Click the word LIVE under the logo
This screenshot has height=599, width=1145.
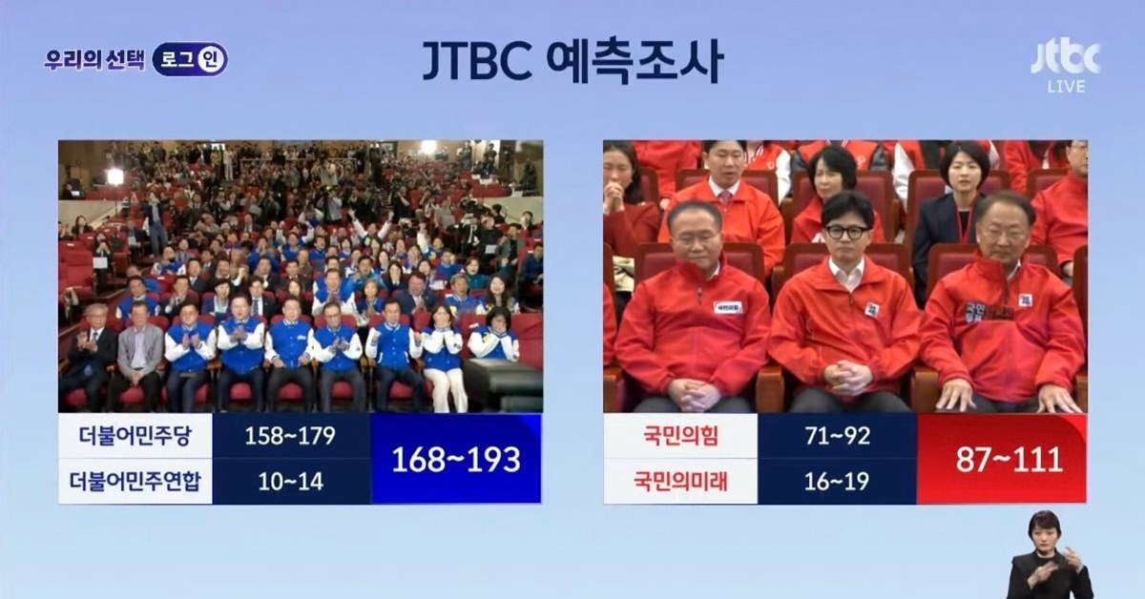1066,87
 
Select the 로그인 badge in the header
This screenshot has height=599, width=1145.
190,59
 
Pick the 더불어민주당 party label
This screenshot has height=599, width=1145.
135,436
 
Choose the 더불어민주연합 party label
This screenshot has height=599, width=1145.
135,482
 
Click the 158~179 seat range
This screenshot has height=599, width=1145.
290,436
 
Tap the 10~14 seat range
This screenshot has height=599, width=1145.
290,482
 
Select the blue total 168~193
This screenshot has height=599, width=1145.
455,460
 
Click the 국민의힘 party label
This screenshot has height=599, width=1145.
680,436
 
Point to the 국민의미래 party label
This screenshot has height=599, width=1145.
680,482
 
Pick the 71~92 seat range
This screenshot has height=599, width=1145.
836,436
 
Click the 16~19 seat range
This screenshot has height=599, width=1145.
836,482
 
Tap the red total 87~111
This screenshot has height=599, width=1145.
1001,460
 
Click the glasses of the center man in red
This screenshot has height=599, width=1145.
846,232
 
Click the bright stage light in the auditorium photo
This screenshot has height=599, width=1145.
114,176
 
